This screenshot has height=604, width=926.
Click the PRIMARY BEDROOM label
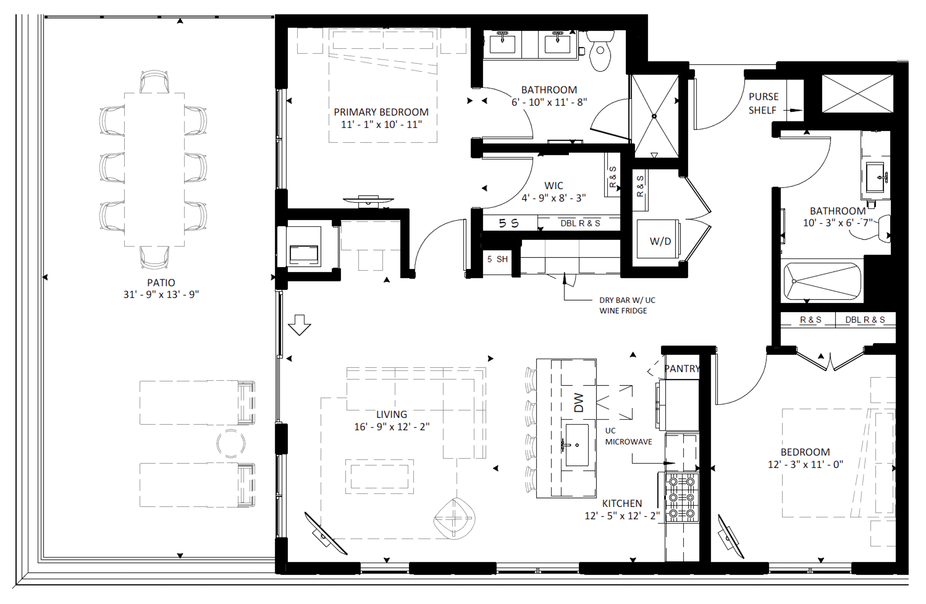(381, 112)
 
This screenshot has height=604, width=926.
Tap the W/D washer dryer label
(660, 241)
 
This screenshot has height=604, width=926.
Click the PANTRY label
(682, 368)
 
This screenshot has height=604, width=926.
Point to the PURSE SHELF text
(763, 104)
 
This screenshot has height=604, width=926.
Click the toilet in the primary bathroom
(600, 50)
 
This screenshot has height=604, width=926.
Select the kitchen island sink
(577, 445)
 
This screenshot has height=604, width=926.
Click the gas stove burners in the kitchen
(682, 497)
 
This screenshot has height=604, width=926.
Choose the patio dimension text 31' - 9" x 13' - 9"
(161, 295)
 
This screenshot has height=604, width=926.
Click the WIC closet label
(553, 186)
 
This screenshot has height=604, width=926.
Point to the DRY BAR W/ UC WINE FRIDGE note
(627, 306)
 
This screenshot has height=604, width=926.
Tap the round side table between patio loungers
(231, 443)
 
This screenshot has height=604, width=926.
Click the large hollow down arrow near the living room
(299, 325)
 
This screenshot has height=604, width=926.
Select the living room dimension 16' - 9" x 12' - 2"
(392, 427)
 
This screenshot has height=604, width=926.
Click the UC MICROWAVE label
(628, 436)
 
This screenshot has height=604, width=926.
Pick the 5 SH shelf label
(498, 259)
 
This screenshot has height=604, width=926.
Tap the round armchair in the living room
(454, 518)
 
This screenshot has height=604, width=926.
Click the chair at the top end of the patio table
(154, 81)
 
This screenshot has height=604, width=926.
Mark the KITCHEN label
(622, 503)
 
